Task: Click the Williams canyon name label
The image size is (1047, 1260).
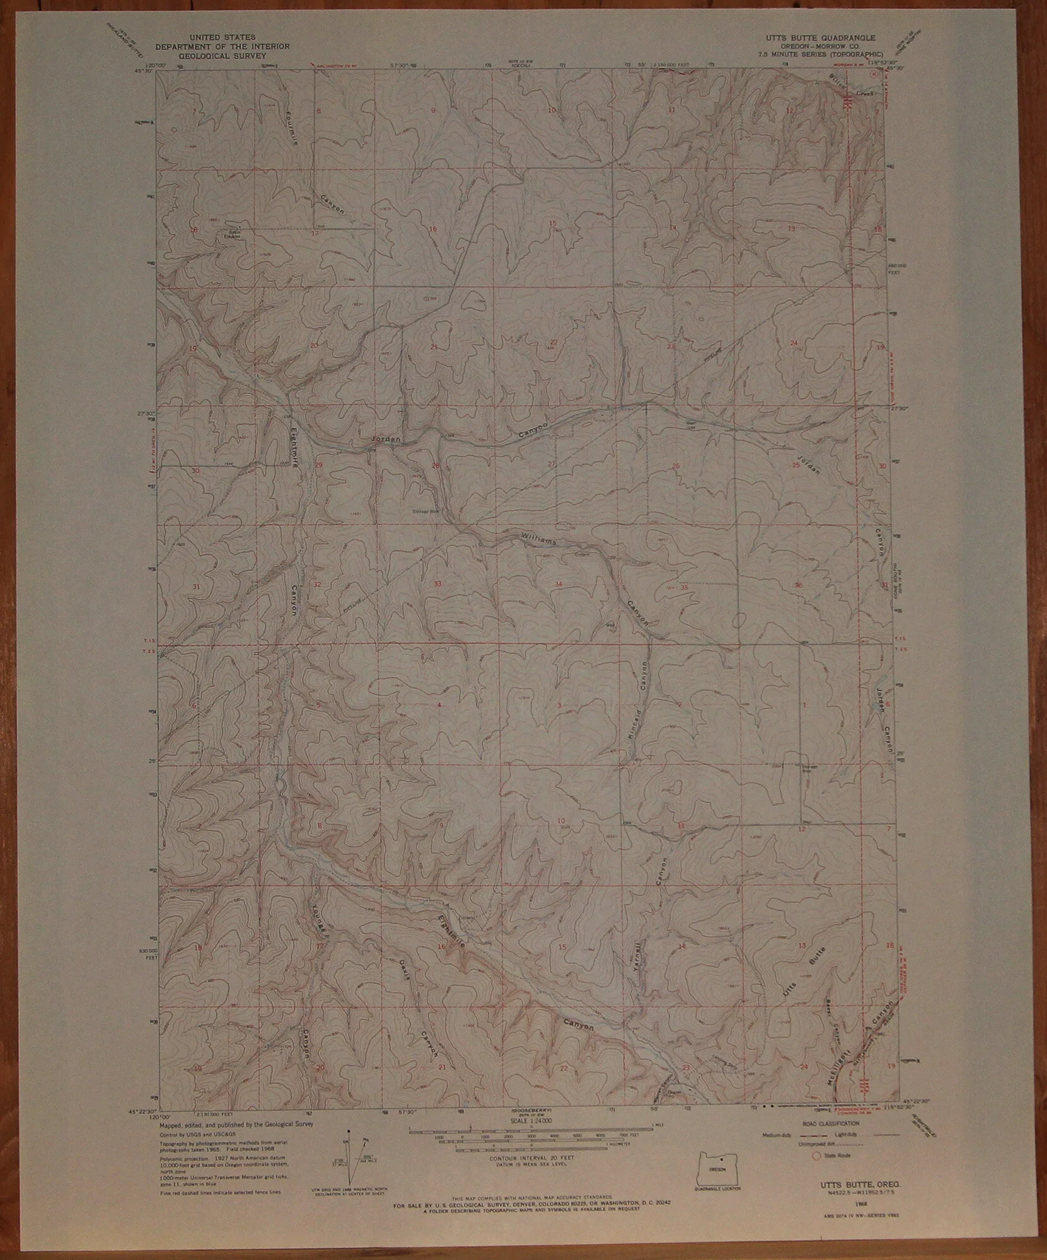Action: [x=538, y=539]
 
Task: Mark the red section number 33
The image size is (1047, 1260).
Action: [x=437, y=584]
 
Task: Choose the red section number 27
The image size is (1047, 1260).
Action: [x=552, y=464]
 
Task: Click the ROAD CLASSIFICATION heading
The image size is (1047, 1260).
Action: [x=828, y=1123]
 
